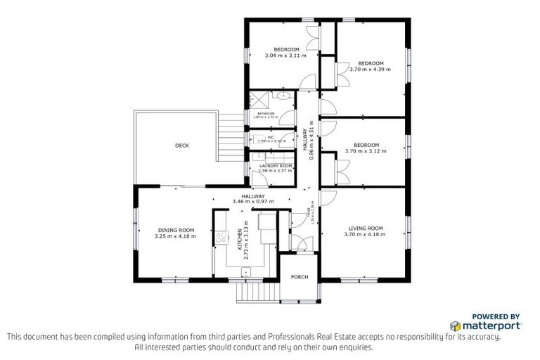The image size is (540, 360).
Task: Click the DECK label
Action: [x=181, y=146]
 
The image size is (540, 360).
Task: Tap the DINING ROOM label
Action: [x=175, y=230]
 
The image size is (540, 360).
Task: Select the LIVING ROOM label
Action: [x=366, y=228]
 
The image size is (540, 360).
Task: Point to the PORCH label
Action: [x=300, y=277]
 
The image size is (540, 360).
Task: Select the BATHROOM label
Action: [x=265, y=112]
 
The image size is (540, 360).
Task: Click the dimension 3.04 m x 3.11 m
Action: [x=281, y=56]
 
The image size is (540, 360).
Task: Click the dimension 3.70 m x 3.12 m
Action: [x=366, y=151]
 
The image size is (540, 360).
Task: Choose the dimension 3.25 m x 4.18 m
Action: [x=175, y=236]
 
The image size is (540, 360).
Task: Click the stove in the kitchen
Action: [x=220, y=238]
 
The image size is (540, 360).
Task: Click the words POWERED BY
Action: [x=496, y=316]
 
